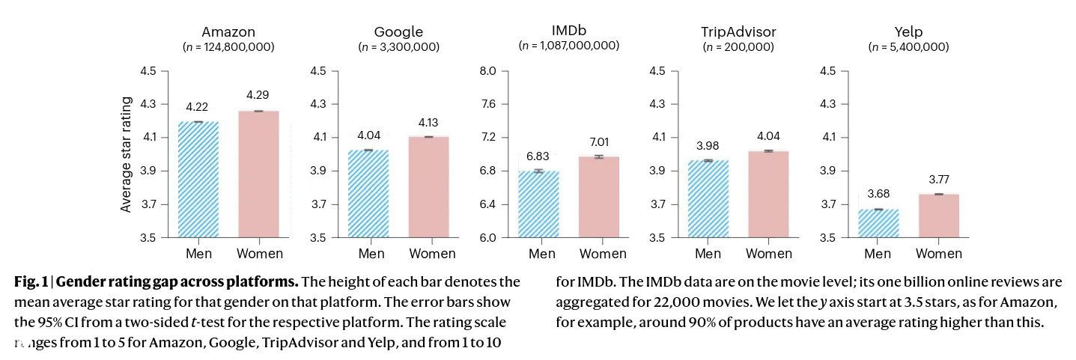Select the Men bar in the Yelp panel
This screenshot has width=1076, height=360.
point(878,223)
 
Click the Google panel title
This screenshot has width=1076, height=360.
point(398,32)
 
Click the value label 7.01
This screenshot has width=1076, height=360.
point(599,141)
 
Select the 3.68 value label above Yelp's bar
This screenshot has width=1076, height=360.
point(878,195)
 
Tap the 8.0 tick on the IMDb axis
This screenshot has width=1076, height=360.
point(488,71)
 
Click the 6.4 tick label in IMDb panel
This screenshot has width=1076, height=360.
point(488,204)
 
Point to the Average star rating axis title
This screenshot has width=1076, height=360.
point(126,154)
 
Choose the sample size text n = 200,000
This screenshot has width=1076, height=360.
point(738,47)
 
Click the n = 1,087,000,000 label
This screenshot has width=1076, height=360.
point(569,46)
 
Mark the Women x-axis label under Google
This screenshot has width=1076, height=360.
point(432,254)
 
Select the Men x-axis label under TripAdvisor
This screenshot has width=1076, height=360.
point(708,254)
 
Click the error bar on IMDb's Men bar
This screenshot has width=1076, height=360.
point(538,171)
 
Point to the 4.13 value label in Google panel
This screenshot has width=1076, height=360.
point(432,122)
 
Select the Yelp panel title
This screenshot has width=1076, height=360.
point(908,32)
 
